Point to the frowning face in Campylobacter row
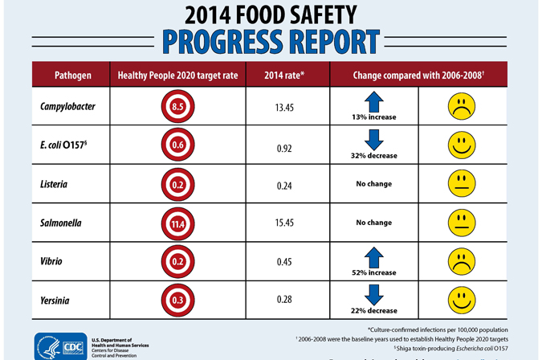[x=460, y=106]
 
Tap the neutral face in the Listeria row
[x=460, y=183]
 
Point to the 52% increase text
[x=374, y=273]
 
